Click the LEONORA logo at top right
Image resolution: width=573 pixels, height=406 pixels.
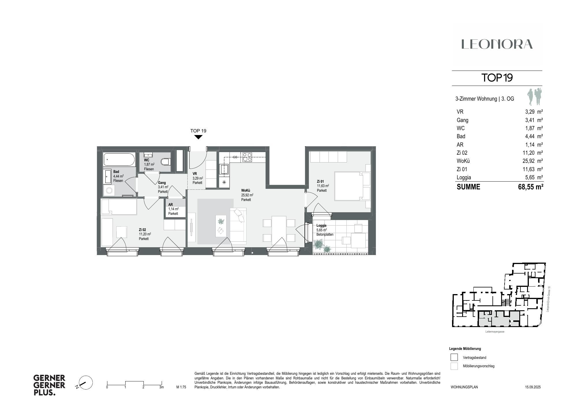(x=497, y=44)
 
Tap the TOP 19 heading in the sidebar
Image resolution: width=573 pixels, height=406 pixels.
(x=497, y=78)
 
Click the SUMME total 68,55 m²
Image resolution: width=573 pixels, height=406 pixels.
(x=531, y=187)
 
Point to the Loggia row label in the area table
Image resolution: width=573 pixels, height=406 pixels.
(x=464, y=178)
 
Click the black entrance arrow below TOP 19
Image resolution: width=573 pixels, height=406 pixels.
(x=198, y=137)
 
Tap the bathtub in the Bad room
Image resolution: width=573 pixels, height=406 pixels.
(x=119, y=159)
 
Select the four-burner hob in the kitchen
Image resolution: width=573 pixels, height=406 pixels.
(x=247, y=157)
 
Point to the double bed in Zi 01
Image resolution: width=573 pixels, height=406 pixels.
(x=352, y=186)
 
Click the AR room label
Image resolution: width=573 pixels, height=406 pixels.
(x=171, y=204)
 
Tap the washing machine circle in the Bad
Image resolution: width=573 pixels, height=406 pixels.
(x=109, y=191)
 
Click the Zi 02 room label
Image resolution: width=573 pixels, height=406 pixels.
(x=142, y=230)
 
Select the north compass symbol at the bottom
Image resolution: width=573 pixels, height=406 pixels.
(x=85, y=383)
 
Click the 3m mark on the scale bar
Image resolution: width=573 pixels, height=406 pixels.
(x=162, y=387)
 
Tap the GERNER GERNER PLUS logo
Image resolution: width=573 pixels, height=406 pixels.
(x=49, y=385)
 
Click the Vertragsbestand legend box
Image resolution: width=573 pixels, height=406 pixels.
(x=454, y=357)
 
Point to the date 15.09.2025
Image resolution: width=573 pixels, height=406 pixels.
(x=533, y=387)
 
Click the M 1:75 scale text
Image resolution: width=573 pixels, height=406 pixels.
(x=181, y=387)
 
